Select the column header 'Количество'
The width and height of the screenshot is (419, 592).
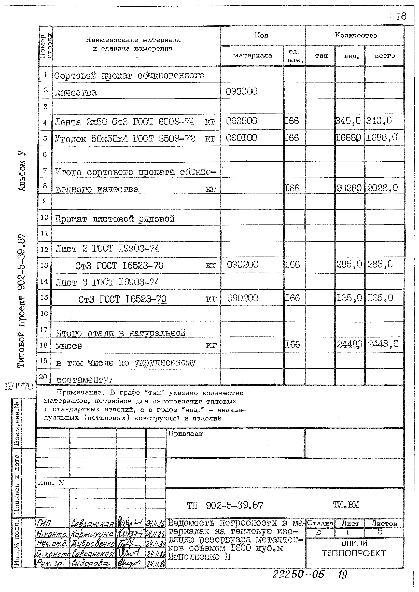click(x=356, y=35)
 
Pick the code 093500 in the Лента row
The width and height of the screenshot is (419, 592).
click(x=242, y=121)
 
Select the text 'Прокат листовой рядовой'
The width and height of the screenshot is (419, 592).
click(x=115, y=219)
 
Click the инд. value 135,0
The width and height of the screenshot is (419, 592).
click(x=349, y=298)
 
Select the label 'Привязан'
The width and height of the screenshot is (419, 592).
click(x=186, y=434)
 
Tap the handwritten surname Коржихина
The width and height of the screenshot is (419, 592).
click(x=92, y=533)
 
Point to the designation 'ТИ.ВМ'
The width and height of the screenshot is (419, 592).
click(x=346, y=505)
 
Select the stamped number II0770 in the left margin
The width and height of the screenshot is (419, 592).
click(x=19, y=386)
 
